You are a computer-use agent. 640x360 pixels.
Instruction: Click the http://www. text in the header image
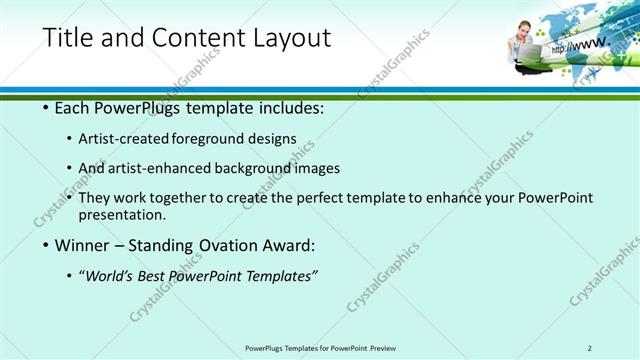pos(578,45)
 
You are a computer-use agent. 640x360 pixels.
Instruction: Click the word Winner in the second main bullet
pos(82,245)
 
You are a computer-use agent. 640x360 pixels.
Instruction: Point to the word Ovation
pos(226,245)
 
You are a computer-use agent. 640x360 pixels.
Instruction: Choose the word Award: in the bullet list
pos(291,245)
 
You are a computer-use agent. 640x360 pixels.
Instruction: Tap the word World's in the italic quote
pos(109,276)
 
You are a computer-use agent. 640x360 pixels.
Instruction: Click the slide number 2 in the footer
pos(589,347)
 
